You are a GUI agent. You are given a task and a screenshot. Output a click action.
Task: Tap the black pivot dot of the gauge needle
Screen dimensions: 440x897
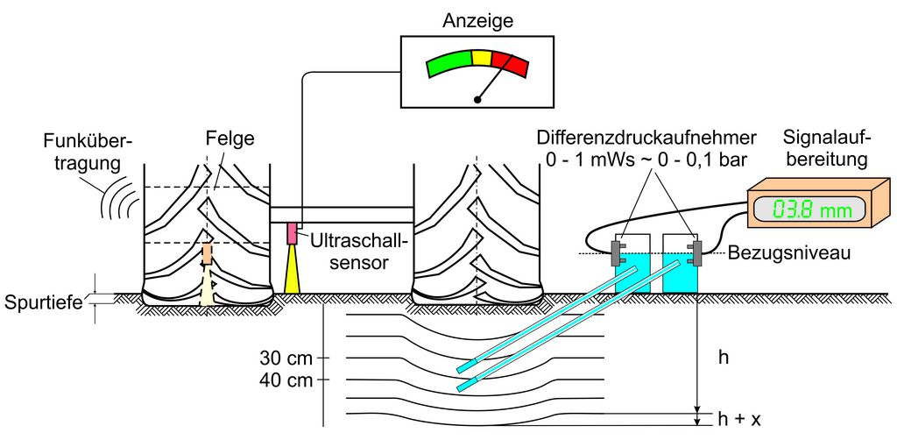[477, 99]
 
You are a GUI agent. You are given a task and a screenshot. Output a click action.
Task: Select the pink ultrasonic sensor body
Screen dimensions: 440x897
[293, 233]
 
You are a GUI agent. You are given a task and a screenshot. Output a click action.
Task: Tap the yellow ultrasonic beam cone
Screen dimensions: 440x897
[292, 271]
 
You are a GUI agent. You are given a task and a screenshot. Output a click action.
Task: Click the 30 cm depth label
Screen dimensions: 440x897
[286, 358]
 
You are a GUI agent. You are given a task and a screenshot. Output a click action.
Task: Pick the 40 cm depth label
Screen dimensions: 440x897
[286, 380]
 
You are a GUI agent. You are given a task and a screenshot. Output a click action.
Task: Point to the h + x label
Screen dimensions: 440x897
[739, 420]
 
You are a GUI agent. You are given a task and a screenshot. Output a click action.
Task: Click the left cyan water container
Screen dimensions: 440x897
[632, 273]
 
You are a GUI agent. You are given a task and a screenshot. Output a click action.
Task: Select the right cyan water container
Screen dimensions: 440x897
[680, 273]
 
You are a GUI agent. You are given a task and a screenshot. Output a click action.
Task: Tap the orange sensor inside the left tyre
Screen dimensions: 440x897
[208, 254]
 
